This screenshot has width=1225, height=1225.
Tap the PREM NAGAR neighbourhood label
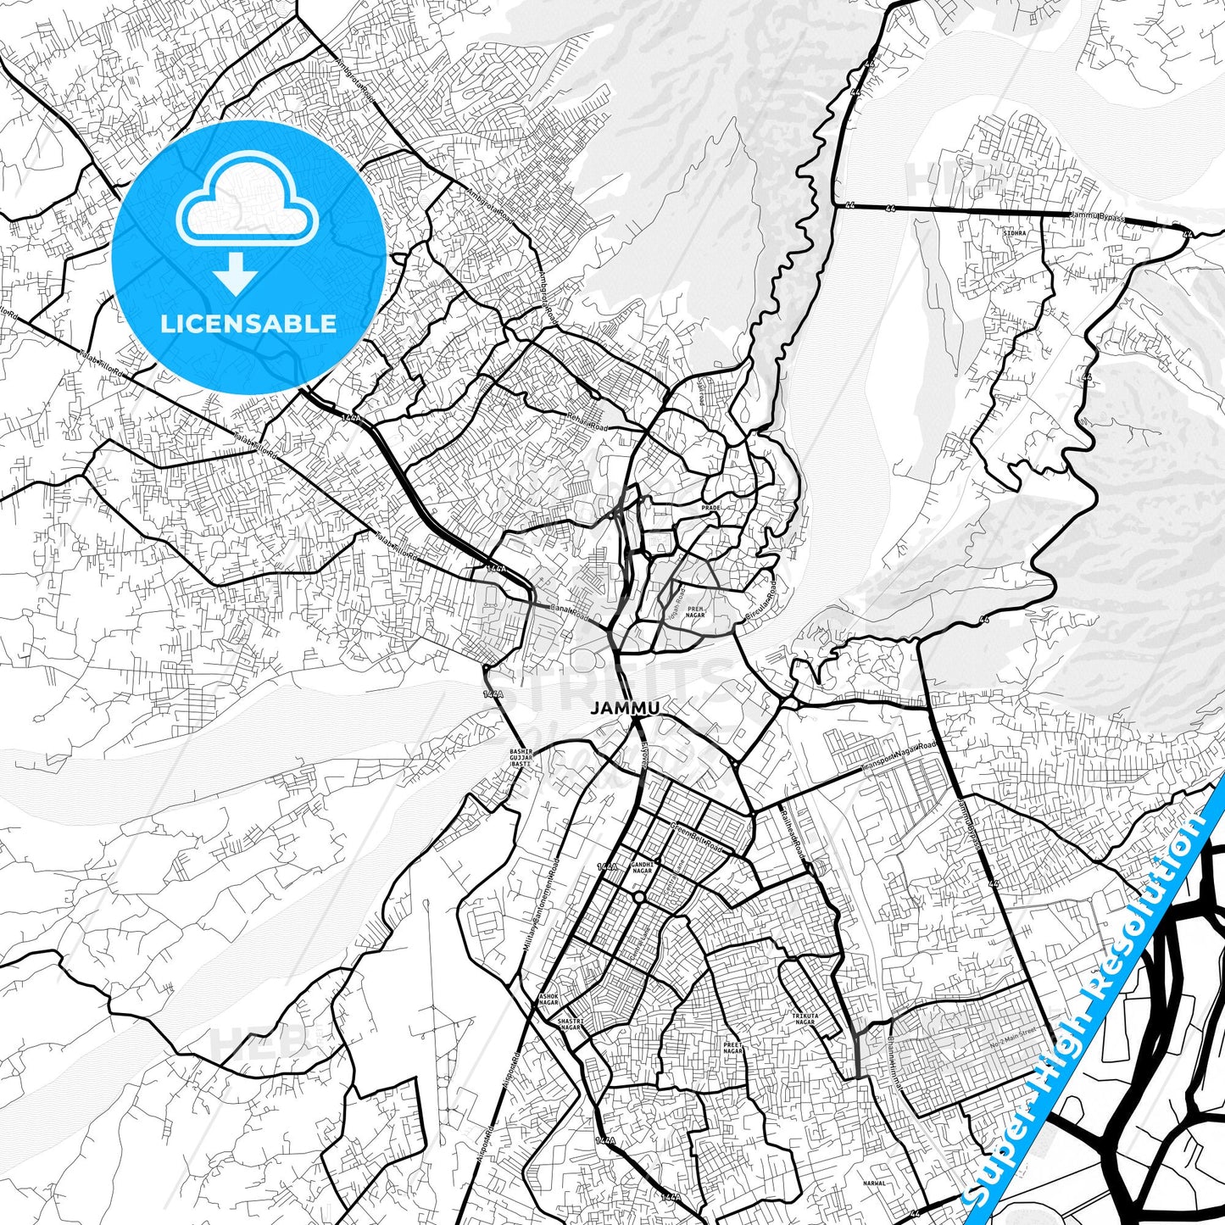tap(695, 611)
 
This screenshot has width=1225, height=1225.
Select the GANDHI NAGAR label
tap(642, 867)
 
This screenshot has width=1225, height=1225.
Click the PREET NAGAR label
tap(732, 1048)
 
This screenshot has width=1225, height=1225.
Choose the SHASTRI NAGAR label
tap(571, 1025)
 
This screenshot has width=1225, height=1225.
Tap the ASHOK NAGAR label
tap(548, 999)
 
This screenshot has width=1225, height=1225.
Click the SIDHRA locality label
tap(1014, 232)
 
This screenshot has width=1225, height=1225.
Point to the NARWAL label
tap(873, 1183)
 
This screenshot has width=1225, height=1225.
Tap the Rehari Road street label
tap(587, 421)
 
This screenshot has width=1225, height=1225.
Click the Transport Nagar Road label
tap(899, 756)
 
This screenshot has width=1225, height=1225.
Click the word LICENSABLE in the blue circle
tap(248, 324)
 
